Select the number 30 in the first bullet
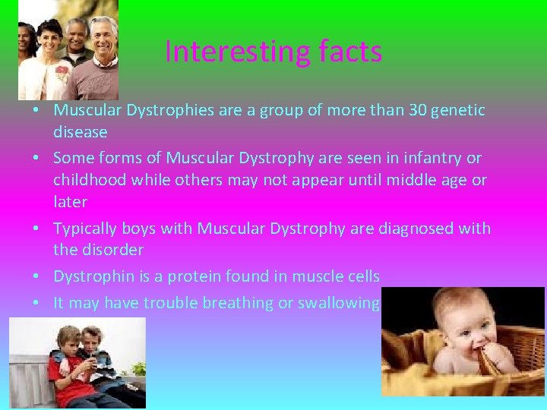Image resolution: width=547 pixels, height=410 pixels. pyautogui.click(x=416, y=110)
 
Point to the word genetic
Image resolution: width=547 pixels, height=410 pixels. pyautogui.click(x=458, y=110)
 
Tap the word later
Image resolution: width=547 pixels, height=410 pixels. pyautogui.click(x=70, y=202)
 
